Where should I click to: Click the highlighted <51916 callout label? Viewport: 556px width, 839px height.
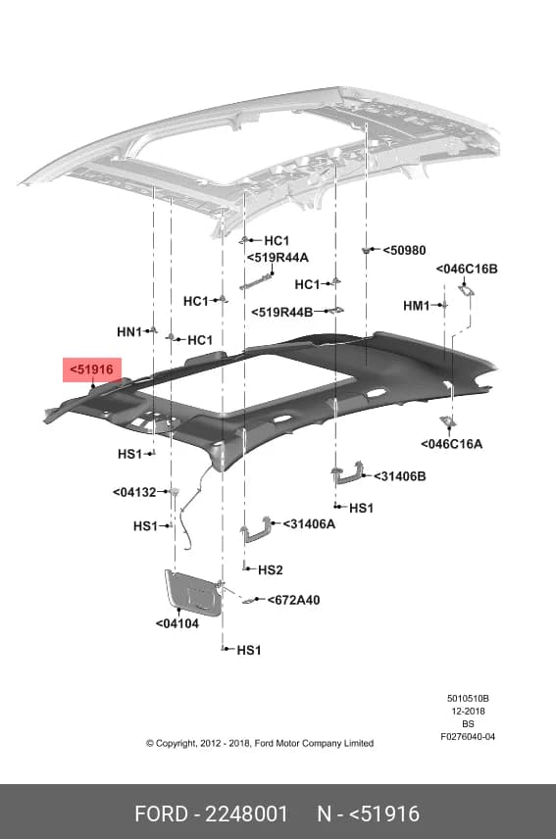click(91, 370)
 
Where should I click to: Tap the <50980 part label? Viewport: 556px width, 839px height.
click(405, 250)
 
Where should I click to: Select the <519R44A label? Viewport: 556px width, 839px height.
click(278, 258)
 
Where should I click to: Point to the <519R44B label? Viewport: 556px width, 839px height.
click(282, 312)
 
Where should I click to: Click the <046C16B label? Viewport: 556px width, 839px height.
click(467, 269)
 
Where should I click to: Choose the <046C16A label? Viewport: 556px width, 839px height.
click(452, 444)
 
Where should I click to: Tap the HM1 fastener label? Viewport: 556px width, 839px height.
click(417, 306)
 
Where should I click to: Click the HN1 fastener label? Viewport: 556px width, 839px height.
click(129, 332)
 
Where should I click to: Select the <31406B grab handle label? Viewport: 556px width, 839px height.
click(400, 476)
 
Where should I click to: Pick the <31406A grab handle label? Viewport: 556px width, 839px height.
click(309, 523)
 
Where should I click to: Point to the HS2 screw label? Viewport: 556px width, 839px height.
click(271, 569)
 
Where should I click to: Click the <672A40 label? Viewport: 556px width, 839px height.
click(294, 600)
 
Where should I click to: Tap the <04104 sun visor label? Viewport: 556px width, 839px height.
click(177, 623)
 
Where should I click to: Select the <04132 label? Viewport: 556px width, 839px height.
click(134, 492)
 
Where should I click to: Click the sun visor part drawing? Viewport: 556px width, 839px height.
click(193, 592)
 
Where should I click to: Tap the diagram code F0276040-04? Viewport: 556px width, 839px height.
click(468, 737)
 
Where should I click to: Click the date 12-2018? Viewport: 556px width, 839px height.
click(468, 712)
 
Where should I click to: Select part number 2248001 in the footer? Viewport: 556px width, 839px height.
click(246, 814)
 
